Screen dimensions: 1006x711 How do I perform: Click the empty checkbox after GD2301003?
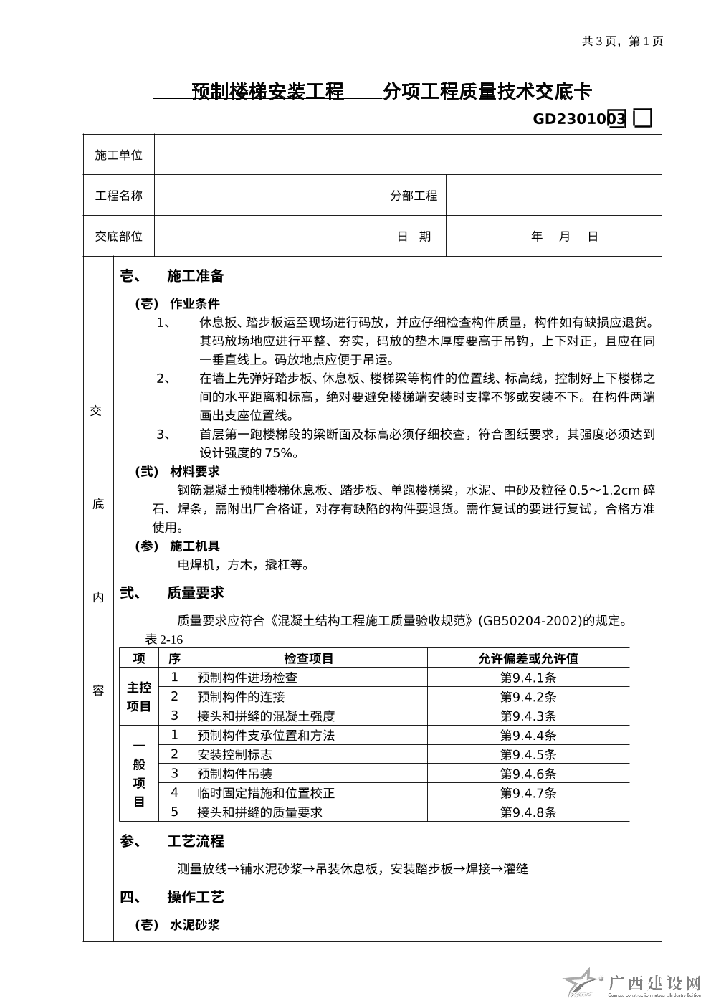pyautogui.click(x=643, y=119)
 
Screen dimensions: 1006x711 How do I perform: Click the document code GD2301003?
pyautogui.click(x=579, y=119)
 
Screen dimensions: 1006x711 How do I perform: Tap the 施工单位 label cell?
pyautogui.click(x=119, y=155)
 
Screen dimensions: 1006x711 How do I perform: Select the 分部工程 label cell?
pyautogui.click(x=414, y=196)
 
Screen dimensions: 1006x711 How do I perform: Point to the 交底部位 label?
pyautogui.click(x=119, y=237)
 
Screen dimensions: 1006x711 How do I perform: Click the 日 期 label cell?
pyautogui.click(x=414, y=237)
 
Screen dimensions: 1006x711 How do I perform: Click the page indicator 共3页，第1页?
pyautogui.click(x=622, y=42)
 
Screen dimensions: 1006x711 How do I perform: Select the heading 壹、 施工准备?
pyautogui.click(x=172, y=276)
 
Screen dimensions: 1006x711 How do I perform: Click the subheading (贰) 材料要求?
pyautogui.click(x=178, y=471)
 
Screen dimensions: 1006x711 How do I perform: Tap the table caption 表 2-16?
pyautogui.click(x=164, y=640)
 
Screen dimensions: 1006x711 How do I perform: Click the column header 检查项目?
pyautogui.click(x=309, y=658)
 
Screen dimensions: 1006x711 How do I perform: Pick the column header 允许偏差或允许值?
pyautogui.click(x=528, y=658)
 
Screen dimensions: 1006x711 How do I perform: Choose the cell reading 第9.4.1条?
pyautogui.click(x=528, y=678)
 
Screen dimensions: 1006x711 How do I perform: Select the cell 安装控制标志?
pyautogui.click(x=234, y=754)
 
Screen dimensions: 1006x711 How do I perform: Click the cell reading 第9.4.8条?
pyautogui.click(x=528, y=812)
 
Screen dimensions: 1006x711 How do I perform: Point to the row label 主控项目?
pyautogui.click(x=139, y=696)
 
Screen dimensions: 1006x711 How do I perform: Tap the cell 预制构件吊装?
pyautogui.click(x=234, y=774)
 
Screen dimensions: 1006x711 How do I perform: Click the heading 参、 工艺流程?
pyautogui.click(x=172, y=841)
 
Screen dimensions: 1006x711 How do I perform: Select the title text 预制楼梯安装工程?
pyautogui.click(x=268, y=92)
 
